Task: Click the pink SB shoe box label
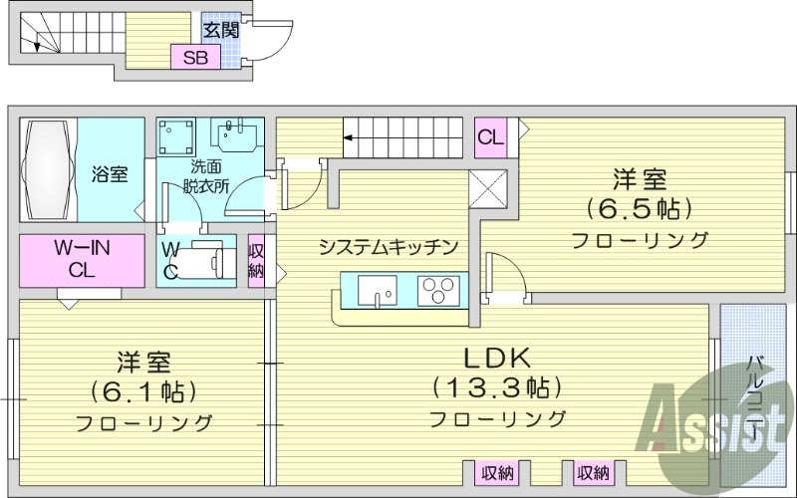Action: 194,57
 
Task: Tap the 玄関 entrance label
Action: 221,30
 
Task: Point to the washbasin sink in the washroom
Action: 239,134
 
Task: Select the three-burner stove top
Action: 435,290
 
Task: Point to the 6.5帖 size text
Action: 639,210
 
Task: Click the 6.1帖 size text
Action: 143,389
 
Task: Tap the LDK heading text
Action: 497,356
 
